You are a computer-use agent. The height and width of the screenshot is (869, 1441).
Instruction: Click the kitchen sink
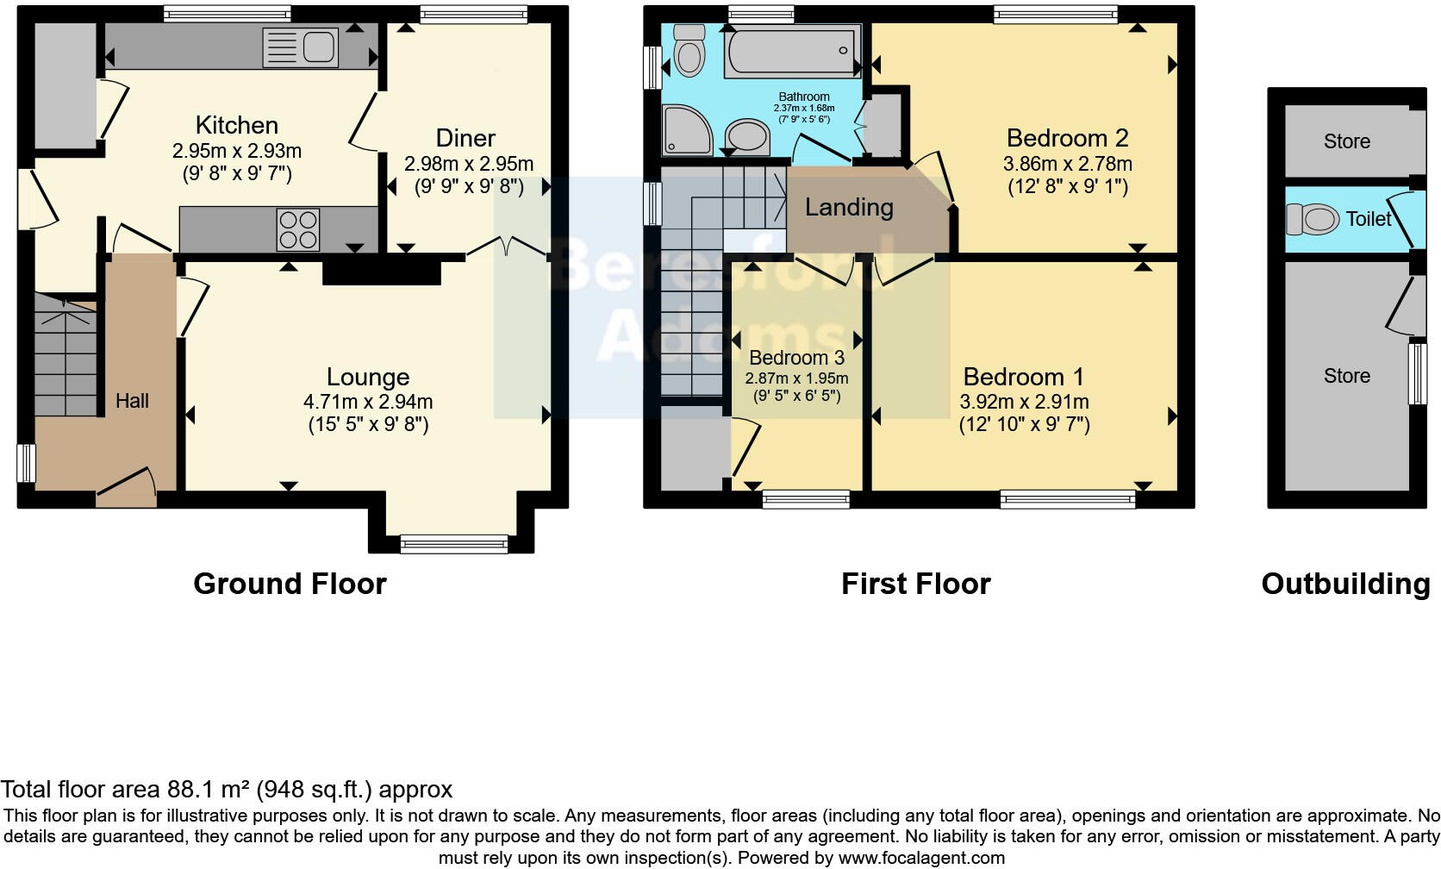pos(301,47)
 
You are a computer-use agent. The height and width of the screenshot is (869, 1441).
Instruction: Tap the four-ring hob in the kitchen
pos(298,229)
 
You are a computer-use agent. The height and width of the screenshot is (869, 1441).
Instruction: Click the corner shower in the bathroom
pos(688,131)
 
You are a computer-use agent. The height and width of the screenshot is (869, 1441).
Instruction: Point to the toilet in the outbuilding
pos(1313,220)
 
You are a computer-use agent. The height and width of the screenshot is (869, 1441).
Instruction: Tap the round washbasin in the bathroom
pos(747,136)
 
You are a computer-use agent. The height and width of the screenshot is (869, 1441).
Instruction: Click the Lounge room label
pos(368,377)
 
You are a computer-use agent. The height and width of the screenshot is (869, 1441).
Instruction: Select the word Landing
pos(849,207)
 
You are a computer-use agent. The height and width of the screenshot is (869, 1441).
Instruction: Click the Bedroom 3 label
pos(797,357)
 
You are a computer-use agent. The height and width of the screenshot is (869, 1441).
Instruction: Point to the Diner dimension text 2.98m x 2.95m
pos(469,164)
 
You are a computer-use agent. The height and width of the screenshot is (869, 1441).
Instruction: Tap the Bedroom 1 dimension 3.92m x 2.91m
pos(1024,402)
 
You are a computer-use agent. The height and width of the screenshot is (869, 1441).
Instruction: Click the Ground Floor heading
pos(290,584)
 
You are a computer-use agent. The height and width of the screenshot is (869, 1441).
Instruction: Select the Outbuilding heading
pos(1346,585)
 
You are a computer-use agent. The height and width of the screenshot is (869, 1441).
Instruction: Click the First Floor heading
pos(916,584)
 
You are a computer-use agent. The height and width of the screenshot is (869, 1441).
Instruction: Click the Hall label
pos(132,401)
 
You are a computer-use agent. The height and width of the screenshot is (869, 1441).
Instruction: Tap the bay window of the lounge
pos(454,545)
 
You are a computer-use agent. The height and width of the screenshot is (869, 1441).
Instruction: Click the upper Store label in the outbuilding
pos(1347,141)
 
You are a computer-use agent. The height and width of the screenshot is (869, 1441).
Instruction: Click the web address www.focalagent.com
pos(922,858)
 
